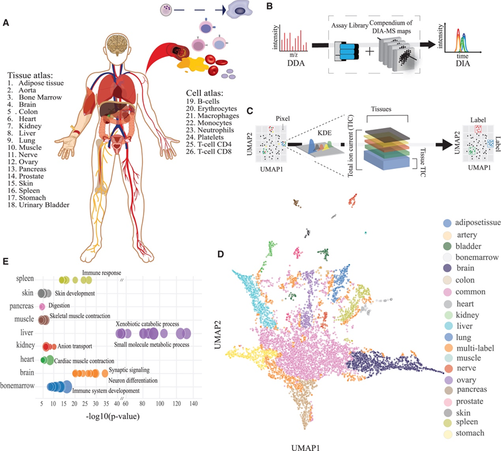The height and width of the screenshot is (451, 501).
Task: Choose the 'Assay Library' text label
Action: click(351, 25)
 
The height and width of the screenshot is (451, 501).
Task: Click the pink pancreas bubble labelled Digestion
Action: click(42, 306)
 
